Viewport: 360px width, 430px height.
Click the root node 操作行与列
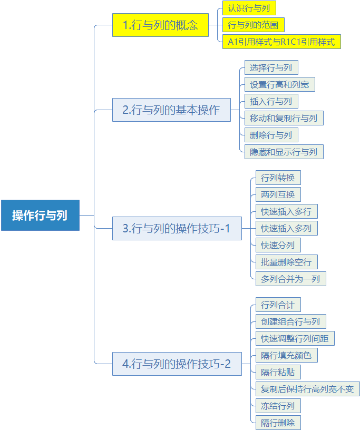point(41,216)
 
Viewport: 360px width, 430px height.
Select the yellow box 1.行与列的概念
point(161,25)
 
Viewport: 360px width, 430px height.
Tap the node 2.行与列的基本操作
point(171,110)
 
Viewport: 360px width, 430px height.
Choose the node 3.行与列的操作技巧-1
point(177,229)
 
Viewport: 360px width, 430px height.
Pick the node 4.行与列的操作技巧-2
point(177,364)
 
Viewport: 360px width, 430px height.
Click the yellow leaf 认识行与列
point(249,8)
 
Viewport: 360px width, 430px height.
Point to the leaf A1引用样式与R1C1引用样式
point(281,42)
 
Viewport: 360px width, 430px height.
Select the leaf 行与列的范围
point(253,25)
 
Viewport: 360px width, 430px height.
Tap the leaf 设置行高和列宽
point(280,84)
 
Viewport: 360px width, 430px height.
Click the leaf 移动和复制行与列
point(284,118)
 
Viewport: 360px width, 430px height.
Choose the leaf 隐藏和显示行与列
point(284,152)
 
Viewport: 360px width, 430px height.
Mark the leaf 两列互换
point(278,194)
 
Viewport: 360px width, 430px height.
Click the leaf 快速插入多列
point(287,228)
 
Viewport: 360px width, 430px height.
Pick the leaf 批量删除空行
point(287,262)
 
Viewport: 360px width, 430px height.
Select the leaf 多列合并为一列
point(291,279)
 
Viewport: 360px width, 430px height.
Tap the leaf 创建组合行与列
point(291,321)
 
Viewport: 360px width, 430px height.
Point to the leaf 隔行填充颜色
point(287,355)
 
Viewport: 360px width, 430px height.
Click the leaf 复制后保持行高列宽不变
point(308,389)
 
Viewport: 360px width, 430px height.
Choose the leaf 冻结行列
point(278,406)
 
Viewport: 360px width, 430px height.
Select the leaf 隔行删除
point(278,423)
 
